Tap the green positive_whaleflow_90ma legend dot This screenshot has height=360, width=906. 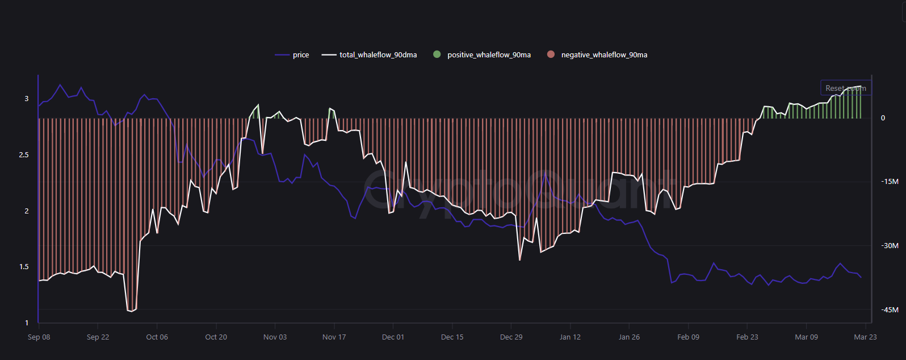[437, 55]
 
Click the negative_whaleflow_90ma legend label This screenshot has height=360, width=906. [604, 55]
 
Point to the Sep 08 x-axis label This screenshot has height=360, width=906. [39, 337]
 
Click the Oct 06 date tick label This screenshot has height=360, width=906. [157, 337]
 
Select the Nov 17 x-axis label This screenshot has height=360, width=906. [334, 337]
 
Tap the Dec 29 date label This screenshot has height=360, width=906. [511, 337]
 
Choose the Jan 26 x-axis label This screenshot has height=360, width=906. [629, 337]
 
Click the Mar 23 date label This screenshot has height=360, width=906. [865, 337]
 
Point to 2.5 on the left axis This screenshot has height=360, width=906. [24, 155]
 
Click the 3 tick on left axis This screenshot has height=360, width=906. [26, 99]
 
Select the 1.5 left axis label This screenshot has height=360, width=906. [24, 267]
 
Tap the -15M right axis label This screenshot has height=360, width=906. [890, 182]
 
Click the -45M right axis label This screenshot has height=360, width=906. [890, 310]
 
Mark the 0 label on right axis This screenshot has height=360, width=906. [883, 118]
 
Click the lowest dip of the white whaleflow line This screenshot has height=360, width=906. [131, 311]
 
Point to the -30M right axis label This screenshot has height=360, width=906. [890, 246]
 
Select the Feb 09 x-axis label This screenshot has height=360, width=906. [688, 337]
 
